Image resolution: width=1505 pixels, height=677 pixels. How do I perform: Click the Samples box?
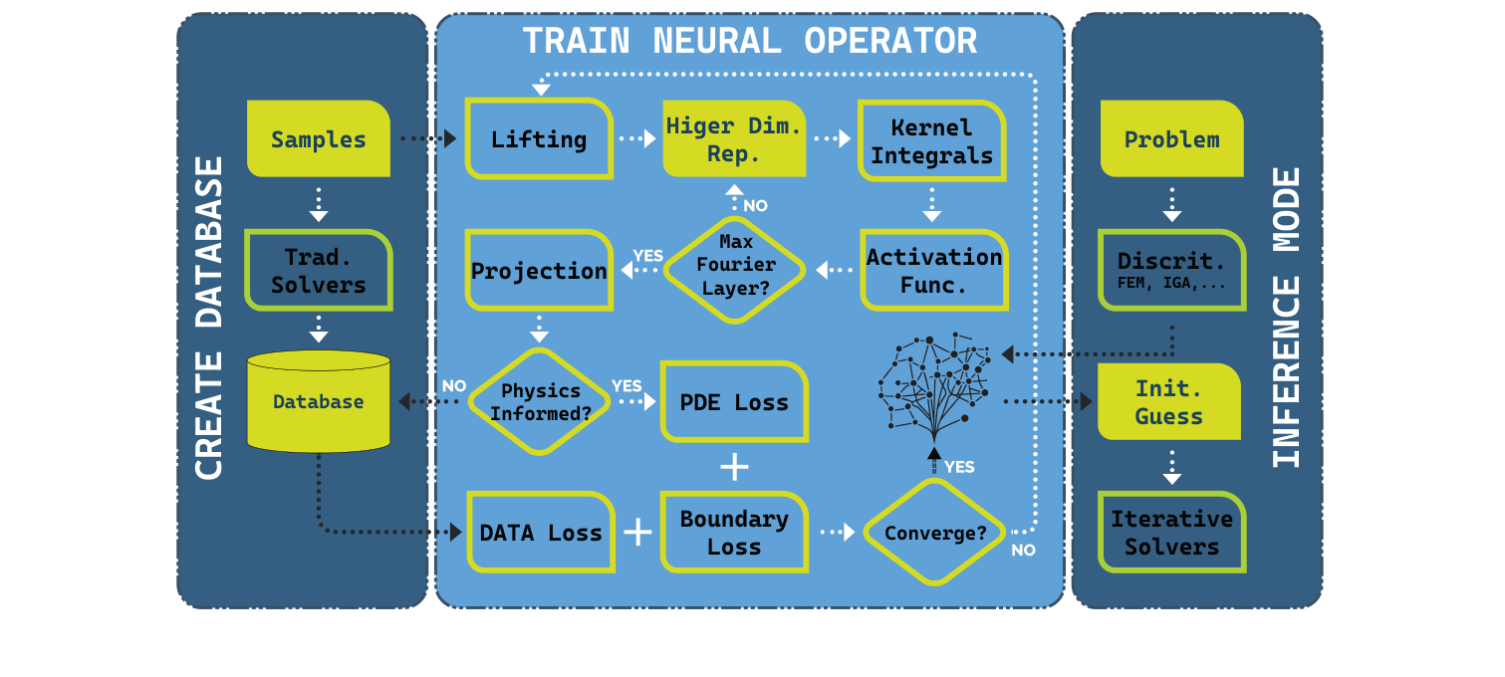tap(318, 139)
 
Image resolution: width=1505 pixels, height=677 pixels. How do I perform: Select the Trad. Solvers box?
tap(318, 271)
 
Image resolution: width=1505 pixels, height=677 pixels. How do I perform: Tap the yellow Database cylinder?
tap(318, 401)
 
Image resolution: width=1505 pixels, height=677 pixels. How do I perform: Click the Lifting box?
tap(539, 139)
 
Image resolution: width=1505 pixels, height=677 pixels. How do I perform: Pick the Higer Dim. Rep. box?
tap(734, 139)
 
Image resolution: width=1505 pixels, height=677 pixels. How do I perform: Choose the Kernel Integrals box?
tap(931, 141)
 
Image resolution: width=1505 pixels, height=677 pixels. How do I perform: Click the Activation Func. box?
tap(933, 271)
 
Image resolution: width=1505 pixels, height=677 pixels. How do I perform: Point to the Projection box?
tap(539, 271)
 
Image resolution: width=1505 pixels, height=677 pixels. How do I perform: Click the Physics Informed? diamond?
tap(539, 401)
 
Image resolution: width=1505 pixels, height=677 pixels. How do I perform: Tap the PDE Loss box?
tap(734, 402)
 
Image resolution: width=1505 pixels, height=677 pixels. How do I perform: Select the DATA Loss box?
tap(540, 533)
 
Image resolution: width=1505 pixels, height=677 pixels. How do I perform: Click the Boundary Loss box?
tap(734, 533)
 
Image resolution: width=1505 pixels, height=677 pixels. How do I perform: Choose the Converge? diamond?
tap(934, 533)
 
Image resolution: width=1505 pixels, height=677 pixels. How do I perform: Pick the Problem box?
tap(1171, 139)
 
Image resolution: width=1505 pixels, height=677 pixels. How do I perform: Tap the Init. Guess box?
tap(1169, 402)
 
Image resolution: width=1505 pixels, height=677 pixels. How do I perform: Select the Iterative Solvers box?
tap(1171, 533)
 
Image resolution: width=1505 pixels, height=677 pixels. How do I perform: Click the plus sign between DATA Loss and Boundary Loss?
tap(637, 533)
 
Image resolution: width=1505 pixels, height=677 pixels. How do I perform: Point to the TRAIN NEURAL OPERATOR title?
tap(749, 42)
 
